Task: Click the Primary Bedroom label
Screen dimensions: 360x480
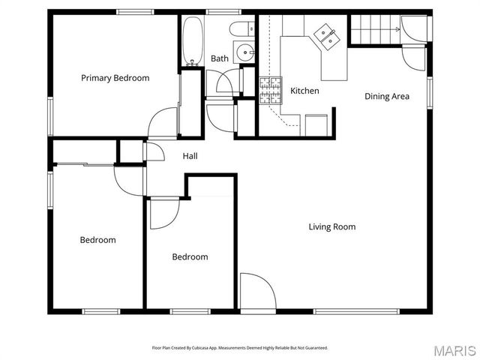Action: coord(115,78)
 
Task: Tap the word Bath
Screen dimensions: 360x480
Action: coord(219,58)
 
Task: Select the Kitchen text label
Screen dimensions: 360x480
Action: coord(304,91)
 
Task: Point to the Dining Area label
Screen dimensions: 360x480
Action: coord(387,96)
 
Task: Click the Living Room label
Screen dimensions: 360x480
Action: coord(332,226)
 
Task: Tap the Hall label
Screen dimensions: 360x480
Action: coord(190,156)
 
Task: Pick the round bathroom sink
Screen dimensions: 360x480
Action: coord(244,53)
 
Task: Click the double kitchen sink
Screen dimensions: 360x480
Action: coord(327,34)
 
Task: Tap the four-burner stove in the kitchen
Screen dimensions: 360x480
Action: coord(269,90)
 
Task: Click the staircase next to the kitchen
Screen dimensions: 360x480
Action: coord(375,30)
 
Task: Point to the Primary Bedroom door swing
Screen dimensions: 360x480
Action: coord(160,124)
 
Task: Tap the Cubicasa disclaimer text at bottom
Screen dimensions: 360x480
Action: coord(240,348)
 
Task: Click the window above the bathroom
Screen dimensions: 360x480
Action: coord(218,11)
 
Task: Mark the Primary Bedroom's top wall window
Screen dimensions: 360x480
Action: coord(130,11)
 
